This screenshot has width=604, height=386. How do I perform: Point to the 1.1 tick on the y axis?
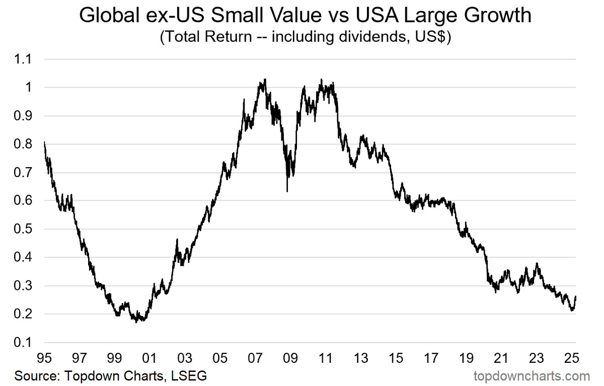[x=24, y=59]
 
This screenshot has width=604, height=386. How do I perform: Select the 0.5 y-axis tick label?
[x=24, y=229]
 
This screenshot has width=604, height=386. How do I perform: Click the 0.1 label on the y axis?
[x=24, y=343]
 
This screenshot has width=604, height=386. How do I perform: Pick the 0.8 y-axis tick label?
[x=24, y=144]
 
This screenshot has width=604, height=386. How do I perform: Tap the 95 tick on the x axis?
[x=44, y=359]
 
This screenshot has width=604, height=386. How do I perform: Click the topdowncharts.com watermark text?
[x=532, y=376]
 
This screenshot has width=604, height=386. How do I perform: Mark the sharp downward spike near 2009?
[x=287, y=191]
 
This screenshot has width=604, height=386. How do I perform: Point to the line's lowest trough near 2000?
[x=137, y=322]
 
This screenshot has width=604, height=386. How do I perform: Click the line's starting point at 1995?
[x=44, y=142]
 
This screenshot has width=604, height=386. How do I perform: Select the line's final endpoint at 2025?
[x=576, y=297]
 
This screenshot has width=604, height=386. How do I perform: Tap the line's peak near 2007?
[x=265, y=79]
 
